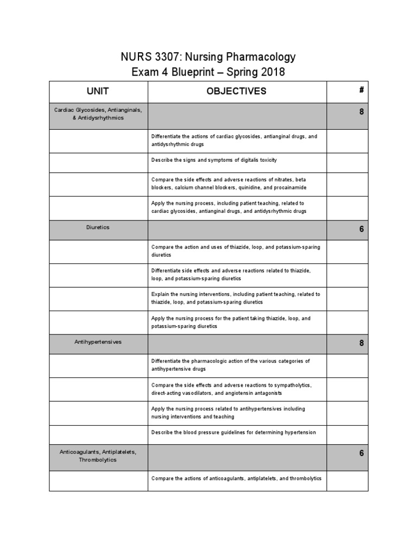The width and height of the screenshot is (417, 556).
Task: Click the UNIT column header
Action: click(98, 91)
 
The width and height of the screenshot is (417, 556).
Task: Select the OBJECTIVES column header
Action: click(236, 91)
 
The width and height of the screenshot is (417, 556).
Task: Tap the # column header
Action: click(361, 90)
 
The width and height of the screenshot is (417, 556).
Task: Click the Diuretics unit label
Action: click(98, 228)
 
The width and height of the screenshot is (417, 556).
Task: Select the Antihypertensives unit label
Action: click(98, 342)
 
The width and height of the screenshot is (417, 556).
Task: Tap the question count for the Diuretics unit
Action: click(361, 229)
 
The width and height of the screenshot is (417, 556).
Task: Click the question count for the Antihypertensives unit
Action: click(361, 343)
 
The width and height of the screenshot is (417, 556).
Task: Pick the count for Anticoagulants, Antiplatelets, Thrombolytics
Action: click(361, 453)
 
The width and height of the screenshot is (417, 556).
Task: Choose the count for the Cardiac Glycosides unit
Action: click(361, 112)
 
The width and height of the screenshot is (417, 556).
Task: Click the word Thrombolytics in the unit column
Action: click(98, 460)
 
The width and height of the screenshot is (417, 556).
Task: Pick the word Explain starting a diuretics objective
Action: click(160, 294)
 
